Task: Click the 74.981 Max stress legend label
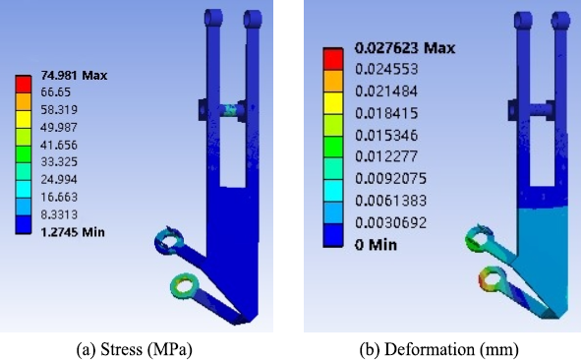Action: pyautogui.click(x=74, y=76)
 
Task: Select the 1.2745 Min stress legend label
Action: pyautogui.click(x=73, y=232)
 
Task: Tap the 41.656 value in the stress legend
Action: pyautogui.click(x=59, y=145)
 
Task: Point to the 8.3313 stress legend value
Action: pyautogui.click(x=59, y=214)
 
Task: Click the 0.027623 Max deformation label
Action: pyautogui.click(x=405, y=48)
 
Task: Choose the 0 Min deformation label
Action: pyautogui.click(x=376, y=245)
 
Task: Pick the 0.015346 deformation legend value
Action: pyautogui.click(x=386, y=136)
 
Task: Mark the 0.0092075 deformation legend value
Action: pyautogui.click(x=391, y=179)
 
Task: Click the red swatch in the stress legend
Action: pyautogui.click(x=23, y=85)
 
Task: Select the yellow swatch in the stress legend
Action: pyautogui.click(x=23, y=119)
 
